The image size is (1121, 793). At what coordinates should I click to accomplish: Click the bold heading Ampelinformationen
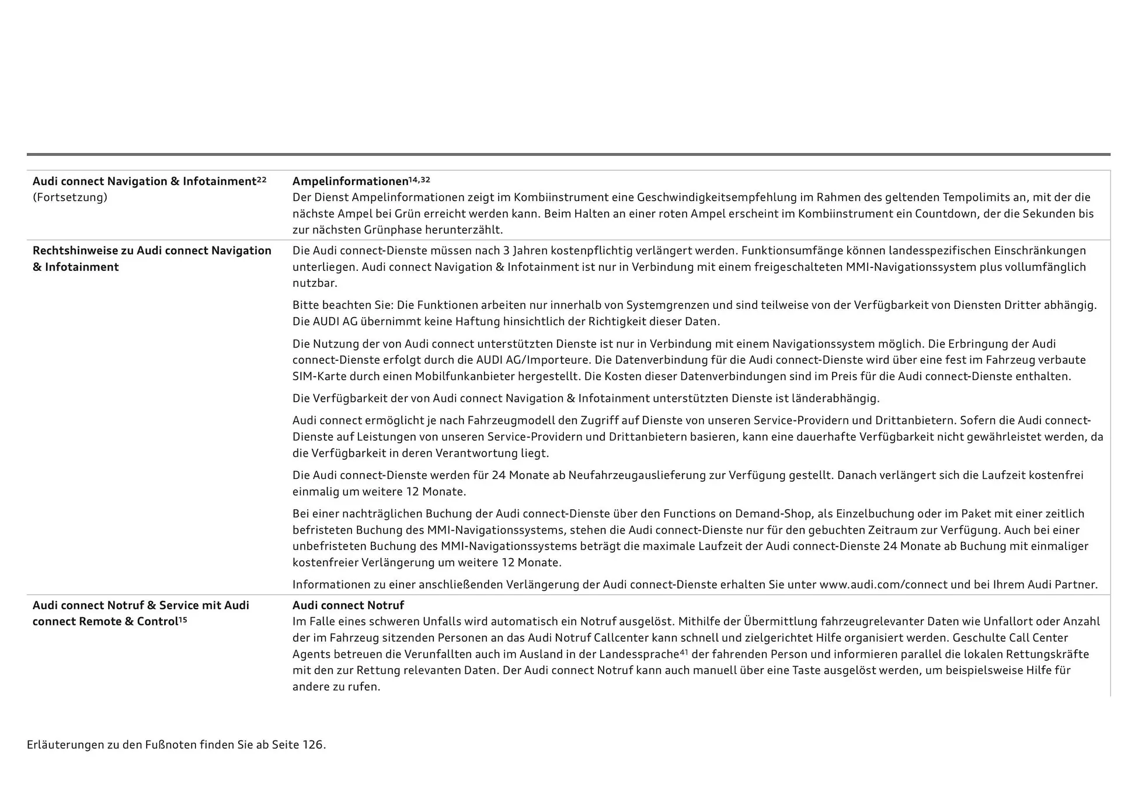pyautogui.click(x=350, y=182)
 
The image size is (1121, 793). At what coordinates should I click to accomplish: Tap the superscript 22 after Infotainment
pyautogui.click(x=262, y=179)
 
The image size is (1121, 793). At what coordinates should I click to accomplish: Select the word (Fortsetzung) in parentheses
pyautogui.click(x=70, y=197)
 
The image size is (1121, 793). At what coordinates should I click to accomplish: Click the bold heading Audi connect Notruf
pyautogui.click(x=348, y=606)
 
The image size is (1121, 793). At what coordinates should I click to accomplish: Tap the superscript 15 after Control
pyautogui.click(x=183, y=620)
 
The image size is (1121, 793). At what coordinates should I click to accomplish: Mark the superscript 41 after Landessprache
pyautogui.click(x=684, y=652)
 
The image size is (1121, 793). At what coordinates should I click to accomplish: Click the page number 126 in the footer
pyautogui.click(x=312, y=745)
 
